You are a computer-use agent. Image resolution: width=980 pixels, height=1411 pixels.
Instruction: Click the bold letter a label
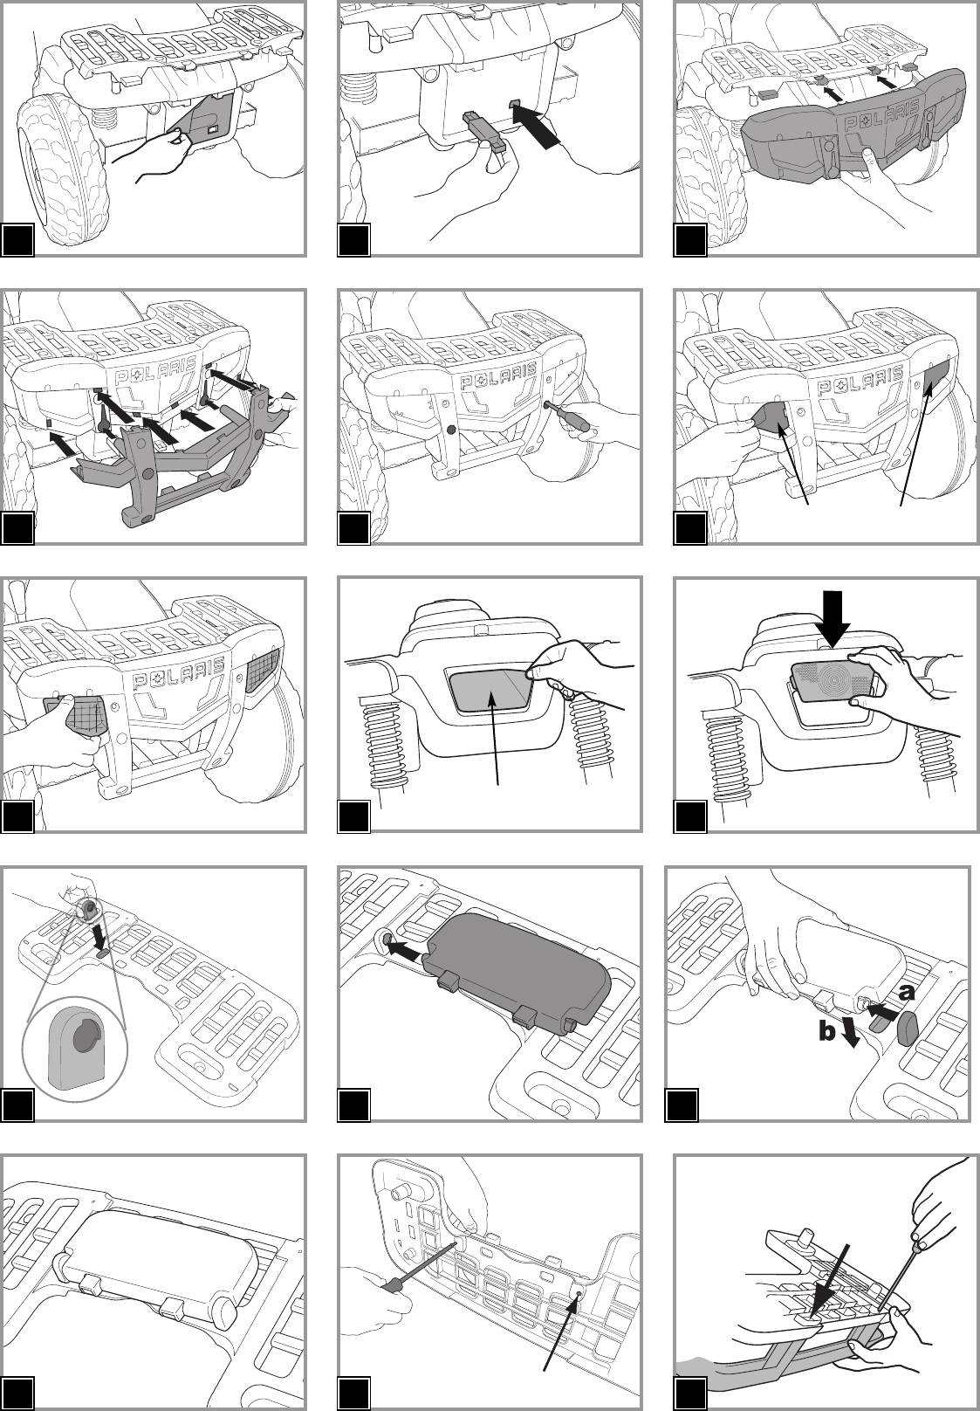click(906, 993)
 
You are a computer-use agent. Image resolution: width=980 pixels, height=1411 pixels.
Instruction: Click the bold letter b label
click(827, 1031)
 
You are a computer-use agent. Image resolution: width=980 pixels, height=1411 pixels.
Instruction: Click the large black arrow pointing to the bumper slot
click(536, 125)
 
